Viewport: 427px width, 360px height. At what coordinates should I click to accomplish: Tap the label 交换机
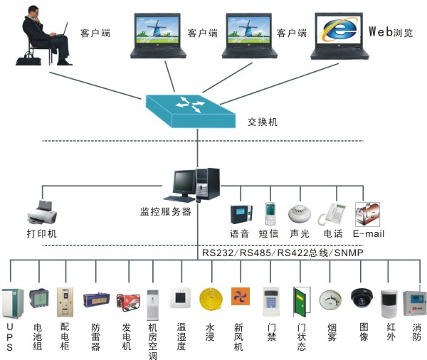tap(263, 122)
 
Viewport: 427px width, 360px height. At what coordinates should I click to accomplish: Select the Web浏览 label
tap(391, 32)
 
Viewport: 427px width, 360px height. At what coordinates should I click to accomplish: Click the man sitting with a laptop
tap(44, 36)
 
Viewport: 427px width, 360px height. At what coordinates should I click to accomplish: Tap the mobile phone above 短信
tap(270, 213)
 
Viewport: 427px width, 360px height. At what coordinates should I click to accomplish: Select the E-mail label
tap(369, 233)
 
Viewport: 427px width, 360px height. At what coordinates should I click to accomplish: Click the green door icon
tap(301, 302)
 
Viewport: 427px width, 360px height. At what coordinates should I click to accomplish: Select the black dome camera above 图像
tap(362, 297)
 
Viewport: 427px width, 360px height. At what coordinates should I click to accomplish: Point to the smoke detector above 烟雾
tap(330, 299)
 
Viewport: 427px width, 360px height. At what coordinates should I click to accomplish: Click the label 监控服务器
tap(165, 211)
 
